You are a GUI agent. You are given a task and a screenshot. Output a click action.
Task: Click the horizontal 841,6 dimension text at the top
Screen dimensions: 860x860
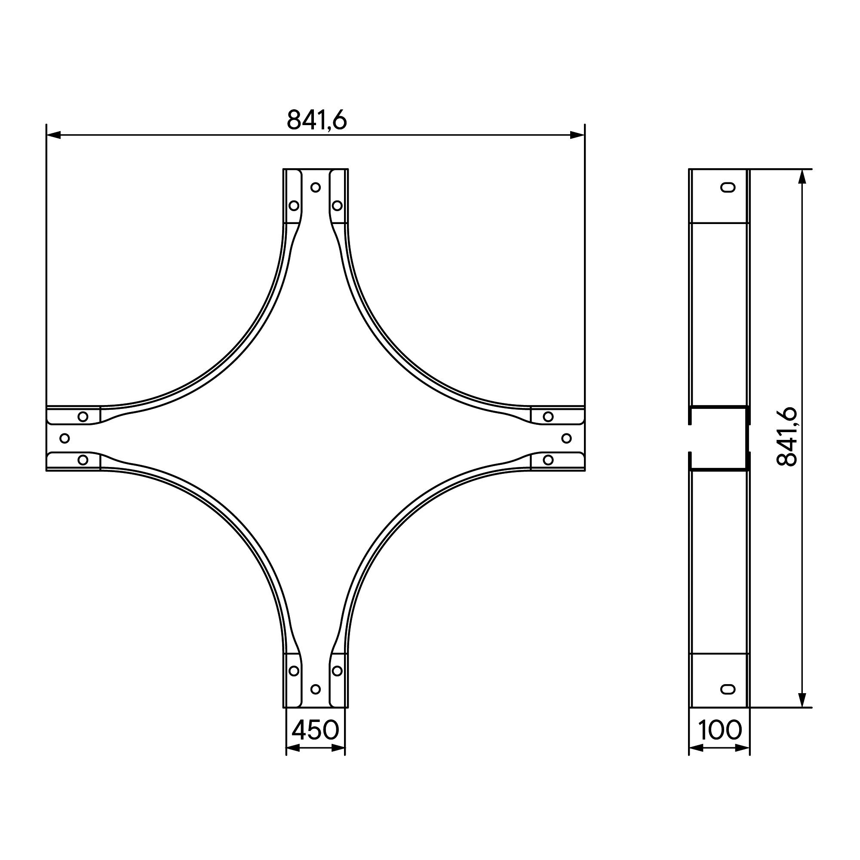(316, 120)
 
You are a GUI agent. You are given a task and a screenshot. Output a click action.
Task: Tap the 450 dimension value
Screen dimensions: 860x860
(316, 730)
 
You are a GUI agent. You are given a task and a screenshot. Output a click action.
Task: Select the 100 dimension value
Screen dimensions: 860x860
(720, 730)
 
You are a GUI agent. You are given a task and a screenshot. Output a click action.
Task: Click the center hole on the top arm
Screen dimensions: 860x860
(316, 187)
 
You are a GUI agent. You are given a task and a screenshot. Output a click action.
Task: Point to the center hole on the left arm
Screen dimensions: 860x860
(64, 439)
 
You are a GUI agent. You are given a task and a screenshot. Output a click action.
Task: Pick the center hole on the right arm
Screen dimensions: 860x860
(567, 439)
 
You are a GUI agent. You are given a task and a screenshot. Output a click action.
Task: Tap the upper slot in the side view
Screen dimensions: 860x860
(728, 187)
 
